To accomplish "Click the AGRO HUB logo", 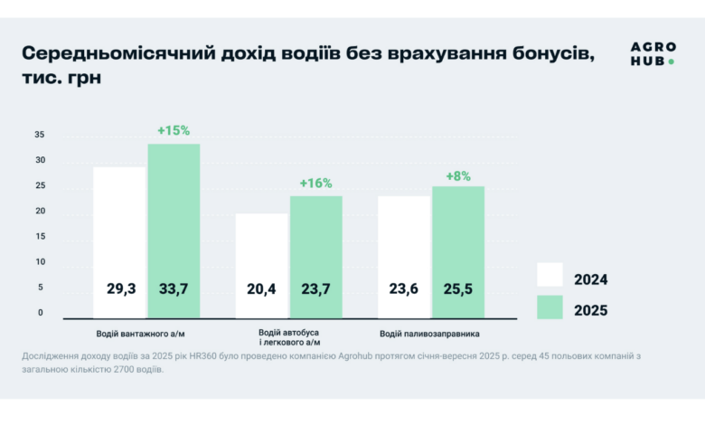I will pos(652,52).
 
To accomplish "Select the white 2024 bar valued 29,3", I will pos(119,241).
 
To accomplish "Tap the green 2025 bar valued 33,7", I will pos(174,231).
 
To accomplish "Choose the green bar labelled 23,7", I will pos(316,257).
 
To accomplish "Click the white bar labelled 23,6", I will pos(404,257).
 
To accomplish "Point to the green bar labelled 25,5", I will pos(458,251).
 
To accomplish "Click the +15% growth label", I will pos(174,130).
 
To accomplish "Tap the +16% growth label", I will pos(316,184).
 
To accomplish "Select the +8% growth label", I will pos(458,176).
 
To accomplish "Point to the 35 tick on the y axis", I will pos(40,135).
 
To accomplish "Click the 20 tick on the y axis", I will pos(40,212).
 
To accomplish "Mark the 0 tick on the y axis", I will pos(41,313).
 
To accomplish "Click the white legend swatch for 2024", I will pos(550,275).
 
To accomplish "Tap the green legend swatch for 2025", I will pos(550,308).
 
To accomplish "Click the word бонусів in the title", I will pos(544,52).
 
